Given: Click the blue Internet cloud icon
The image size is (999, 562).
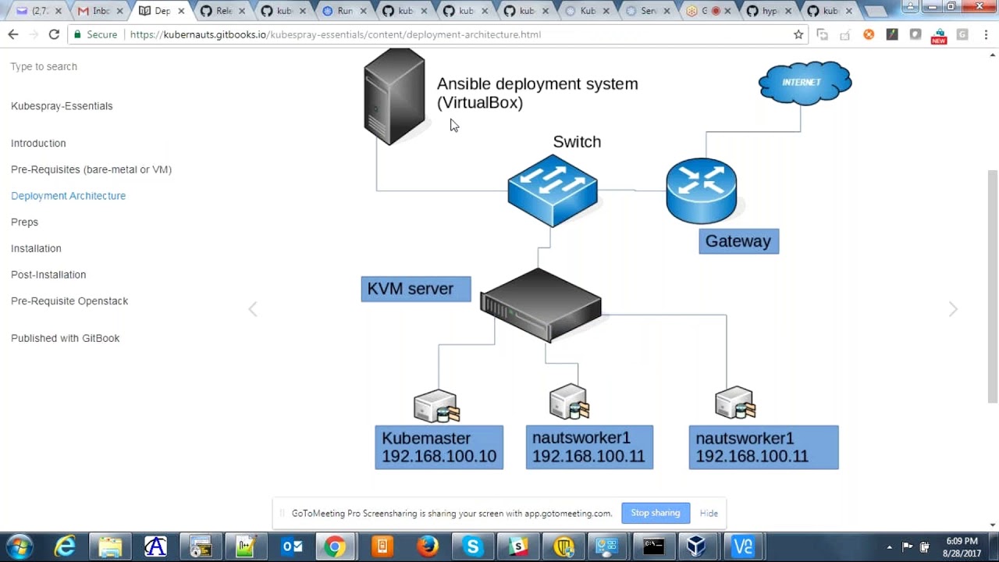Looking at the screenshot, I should pyautogui.click(x=805, y=83).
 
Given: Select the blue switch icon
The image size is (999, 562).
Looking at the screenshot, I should pyautogui.click(x=553, y=190).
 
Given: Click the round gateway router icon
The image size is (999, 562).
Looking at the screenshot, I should pyautogui.click(x=701, y=190).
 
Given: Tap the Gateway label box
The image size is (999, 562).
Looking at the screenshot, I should pyautogui.click(x=738, y=241).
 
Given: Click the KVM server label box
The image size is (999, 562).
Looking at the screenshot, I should pyautogui.click(x=415, y=289).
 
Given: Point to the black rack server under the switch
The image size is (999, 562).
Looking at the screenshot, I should pyautogui.click(x=540, y=304).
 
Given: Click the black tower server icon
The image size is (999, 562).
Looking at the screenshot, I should pyautogui.click(x=394, y=97).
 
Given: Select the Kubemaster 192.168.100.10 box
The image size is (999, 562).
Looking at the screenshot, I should pyautogui.click(x=439, y=447).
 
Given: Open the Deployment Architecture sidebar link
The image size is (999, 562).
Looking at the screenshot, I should pyautogui.click(x=68, y=196).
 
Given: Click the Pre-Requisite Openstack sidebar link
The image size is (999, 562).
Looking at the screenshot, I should pyautogui.click(x=69, y=301).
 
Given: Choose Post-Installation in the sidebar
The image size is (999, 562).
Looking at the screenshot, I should pyautogui.click(x=48, y=275).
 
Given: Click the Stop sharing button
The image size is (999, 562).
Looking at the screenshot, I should pyautogui.click(x=655, y=513).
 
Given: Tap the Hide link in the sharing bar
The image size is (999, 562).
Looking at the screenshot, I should pyautogui.click(x=709, y=513).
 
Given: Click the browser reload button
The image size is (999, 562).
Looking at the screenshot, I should pyautogui.click(x=54, y=34).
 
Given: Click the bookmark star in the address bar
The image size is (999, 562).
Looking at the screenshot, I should pyautogui.click(x=798, y=34).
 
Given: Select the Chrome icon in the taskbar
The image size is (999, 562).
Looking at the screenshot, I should pyautogui.click(x=335, y=546).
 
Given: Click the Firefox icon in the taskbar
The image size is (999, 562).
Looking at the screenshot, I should pyautogui.click(x=428, y=546).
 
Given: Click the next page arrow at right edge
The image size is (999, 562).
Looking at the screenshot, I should pyautogui.click(x=953, y=309).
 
